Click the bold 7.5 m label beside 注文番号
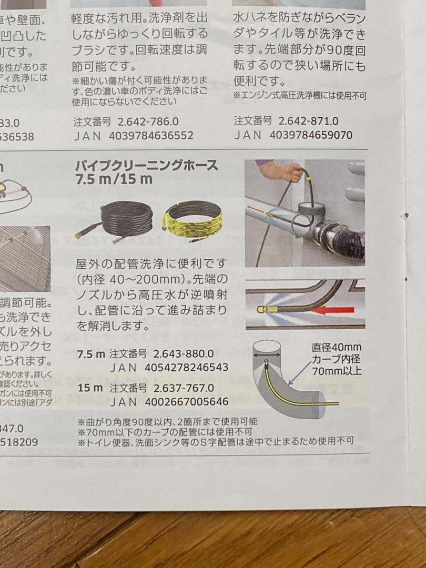click(x=91, y=354)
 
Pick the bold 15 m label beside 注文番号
click(x=90, y=388)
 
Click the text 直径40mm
click(x=336, y=347)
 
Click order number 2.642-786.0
click(x=148, y=121)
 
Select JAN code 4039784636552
click(x=151, y=135)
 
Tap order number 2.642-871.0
click(x=308, y=121)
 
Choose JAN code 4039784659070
click(x=310, y=135)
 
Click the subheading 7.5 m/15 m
click(x=114, y=180)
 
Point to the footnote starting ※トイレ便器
click(x=216, y=441)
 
